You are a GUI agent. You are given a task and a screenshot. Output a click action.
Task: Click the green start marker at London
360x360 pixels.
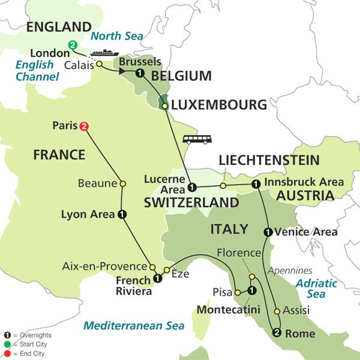73,44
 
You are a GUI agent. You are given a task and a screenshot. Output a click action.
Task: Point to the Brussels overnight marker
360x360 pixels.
140,74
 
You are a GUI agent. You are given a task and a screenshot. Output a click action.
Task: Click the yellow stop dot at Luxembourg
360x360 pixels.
164,106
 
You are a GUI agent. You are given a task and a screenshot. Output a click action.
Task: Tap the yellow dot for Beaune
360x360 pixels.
122,184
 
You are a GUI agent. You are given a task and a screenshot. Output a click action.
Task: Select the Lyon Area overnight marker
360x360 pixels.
122,214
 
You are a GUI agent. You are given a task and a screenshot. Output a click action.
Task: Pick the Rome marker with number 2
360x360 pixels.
277,334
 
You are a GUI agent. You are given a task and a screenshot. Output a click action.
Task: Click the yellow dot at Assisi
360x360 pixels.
277,311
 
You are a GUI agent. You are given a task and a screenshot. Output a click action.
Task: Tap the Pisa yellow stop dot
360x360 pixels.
238,292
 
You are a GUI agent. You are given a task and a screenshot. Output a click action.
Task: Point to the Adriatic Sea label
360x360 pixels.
316,288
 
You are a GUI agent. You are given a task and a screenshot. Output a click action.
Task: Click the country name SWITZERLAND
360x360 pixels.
191,203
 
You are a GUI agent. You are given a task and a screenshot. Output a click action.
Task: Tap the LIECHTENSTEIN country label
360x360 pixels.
269,160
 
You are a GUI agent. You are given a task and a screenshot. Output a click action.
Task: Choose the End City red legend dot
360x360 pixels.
7,353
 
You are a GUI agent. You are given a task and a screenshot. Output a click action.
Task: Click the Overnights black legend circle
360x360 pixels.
7,336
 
